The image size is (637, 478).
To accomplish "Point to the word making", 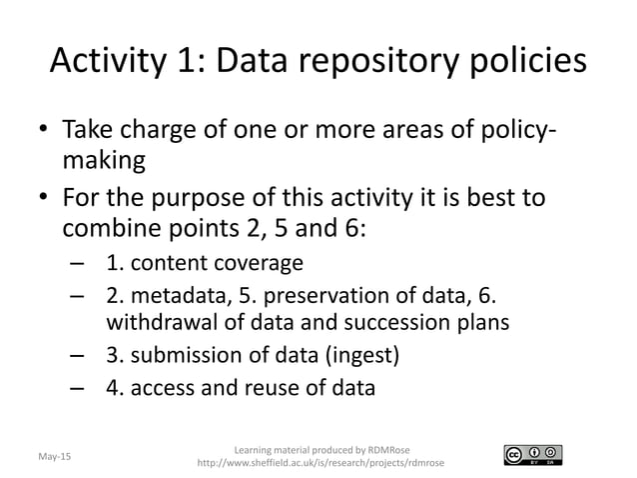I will click(105, 162).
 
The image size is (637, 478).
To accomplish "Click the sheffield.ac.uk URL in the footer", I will click(320, 463).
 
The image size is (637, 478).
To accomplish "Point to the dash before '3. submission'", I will click(77, 355).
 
